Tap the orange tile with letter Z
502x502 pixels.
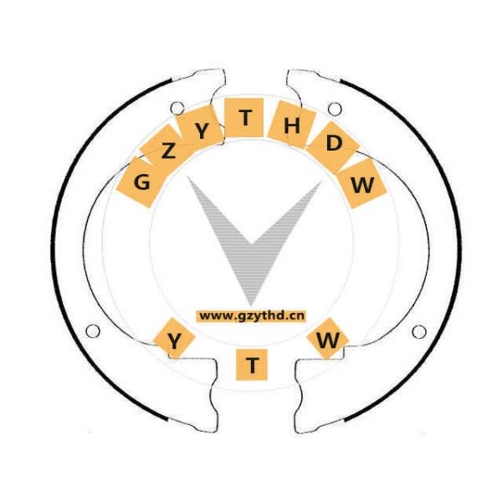(x=168, y=151)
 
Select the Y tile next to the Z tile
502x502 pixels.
(x=202, y=131)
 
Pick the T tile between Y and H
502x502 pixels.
(x=244, y=118)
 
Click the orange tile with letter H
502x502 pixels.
(x=291, y=126)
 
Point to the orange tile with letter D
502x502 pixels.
(x=333, y=144)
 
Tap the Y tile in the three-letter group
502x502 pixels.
(x=175, y=341)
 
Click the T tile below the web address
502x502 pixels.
(x=252, y=364)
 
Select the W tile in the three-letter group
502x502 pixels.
(x=330, y=341)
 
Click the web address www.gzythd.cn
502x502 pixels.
(x=252, y=315)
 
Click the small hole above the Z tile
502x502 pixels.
(x=177, y=108)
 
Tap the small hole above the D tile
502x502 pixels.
(x=335, y=109)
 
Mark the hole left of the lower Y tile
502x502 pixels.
(x=93, y=331)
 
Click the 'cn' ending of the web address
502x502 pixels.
(x=297, y=315)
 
